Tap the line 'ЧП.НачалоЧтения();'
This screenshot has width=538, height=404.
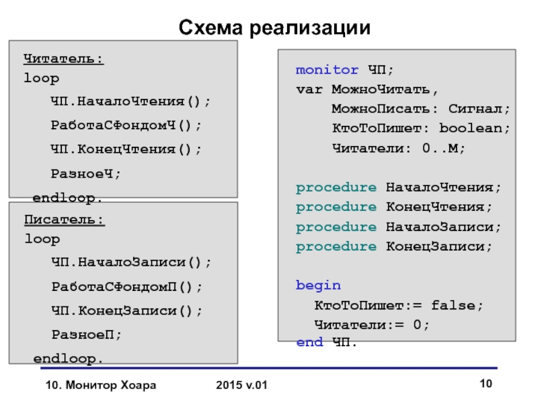[x=130, y=102]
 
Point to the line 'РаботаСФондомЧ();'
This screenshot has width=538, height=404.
[x=126, y=125]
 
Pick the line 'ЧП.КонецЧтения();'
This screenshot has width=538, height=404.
[x=126, y=149]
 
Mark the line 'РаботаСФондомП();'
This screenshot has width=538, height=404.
[x=126, y=286]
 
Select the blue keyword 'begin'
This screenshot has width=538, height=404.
[x=318, y=285]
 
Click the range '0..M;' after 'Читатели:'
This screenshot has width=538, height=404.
[x=444, y=148]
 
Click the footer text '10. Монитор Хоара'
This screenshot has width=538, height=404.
[x=100, y=386]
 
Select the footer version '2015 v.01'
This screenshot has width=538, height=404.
[x=241, y=386]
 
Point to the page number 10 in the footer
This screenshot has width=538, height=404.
[x=486, y=384]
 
